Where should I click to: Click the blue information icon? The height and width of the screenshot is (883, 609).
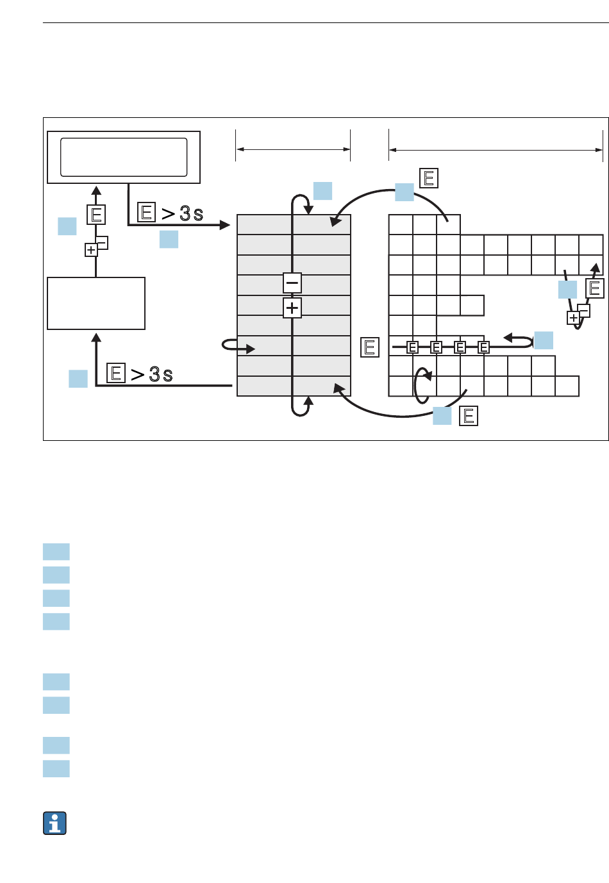tap(54, 823)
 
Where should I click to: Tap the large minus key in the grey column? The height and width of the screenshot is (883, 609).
tap(292, 283)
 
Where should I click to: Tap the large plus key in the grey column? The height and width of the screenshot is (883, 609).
tap(292, 308)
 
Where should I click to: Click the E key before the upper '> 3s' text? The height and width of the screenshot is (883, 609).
tap(146, 212)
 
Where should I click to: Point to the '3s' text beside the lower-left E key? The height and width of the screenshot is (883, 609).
tap(161, 374)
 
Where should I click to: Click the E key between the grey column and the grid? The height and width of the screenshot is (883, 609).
tap(370, 347)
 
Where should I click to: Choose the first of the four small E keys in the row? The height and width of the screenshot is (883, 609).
tap(413, 347)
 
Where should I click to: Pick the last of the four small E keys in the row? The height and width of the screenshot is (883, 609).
tap(483, 347)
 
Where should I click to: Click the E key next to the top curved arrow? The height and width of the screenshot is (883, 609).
tap(429, 178)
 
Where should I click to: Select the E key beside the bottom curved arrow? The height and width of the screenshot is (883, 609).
tap(469, 416)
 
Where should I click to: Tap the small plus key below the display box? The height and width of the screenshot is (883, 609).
tap(91, 250)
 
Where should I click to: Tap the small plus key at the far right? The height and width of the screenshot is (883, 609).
tap(573, 318)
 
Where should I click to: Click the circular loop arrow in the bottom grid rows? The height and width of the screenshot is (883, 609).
tap(415, 386)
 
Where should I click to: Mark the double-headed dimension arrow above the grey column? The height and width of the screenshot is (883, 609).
tap(293, 149)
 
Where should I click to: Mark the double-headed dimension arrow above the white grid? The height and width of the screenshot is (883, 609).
tap(496, 150)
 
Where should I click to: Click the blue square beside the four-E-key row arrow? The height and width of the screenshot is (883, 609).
tap(544, 340)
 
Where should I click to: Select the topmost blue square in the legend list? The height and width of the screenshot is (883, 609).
tap(56, 552)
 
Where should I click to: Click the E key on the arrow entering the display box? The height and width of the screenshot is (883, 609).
tap(96, 215)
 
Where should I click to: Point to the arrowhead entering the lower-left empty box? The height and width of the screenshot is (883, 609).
tap(96, 338)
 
